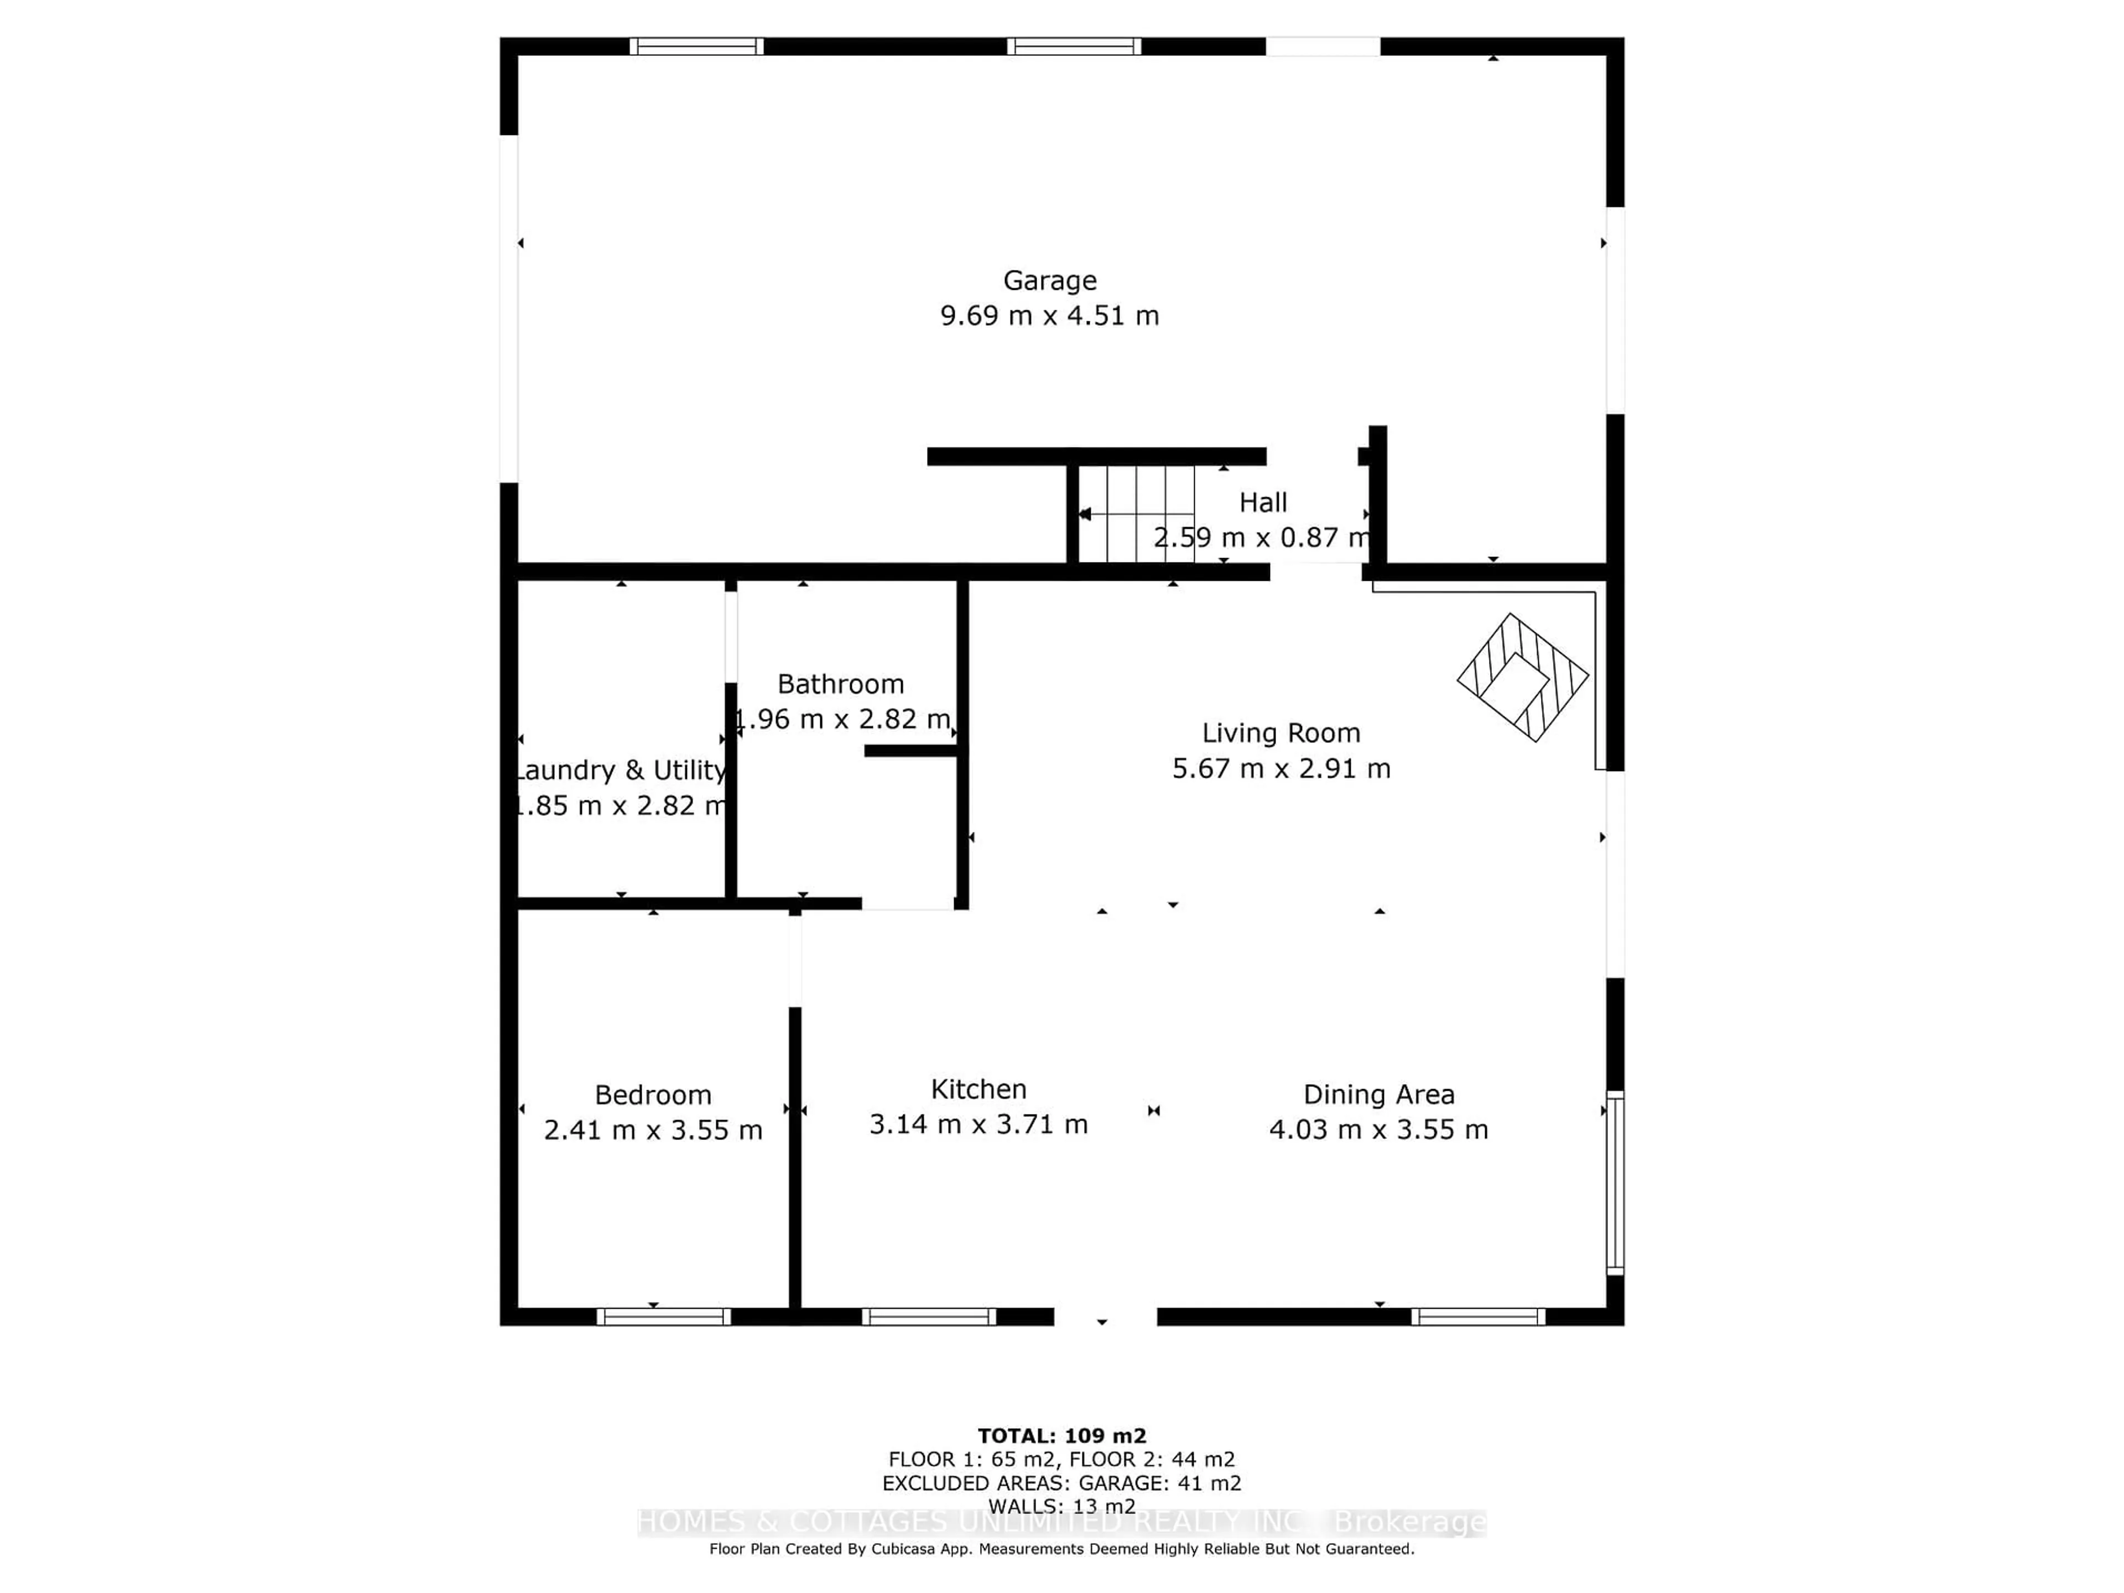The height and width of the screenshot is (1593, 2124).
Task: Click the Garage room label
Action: [x=1049, y=280]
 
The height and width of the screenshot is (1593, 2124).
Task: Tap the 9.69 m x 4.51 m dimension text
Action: [x=1049, y=316]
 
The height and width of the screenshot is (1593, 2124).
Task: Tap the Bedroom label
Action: [x=653, y=1095]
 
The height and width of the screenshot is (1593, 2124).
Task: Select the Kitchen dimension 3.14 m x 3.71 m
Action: [x=978, y=1125]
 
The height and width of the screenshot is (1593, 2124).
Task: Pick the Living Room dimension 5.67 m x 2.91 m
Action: [x=1281, y=768]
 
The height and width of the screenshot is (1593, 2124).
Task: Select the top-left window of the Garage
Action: [x=696, y=46]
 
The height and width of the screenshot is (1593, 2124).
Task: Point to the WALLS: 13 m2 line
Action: [x=1062, y=1507]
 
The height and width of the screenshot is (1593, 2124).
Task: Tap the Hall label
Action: [x=1263, y=502]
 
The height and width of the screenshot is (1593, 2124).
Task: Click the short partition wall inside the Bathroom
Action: [x=910, y=751]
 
